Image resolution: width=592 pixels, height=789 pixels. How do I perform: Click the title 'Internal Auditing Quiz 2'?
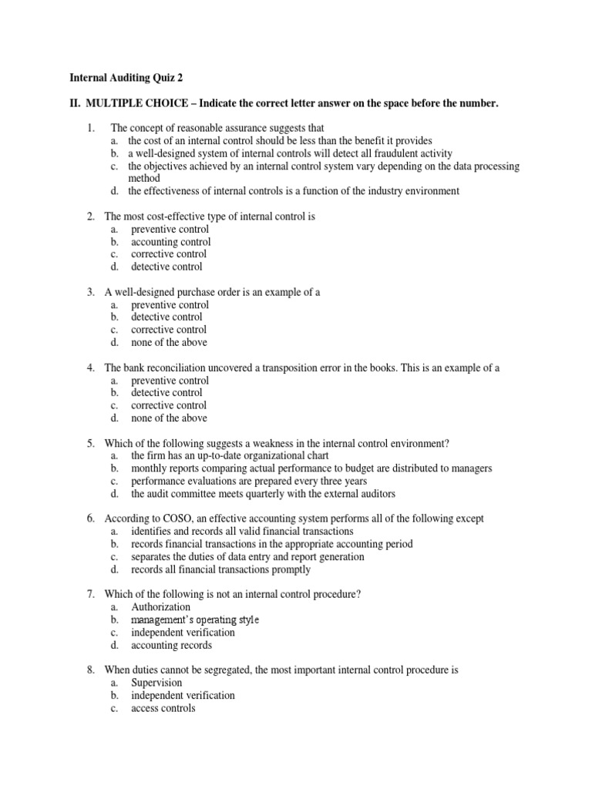coord(127,77)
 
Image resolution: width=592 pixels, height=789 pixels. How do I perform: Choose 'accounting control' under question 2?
coord(170,242)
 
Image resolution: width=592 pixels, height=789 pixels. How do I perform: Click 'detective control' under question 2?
coord(166,267)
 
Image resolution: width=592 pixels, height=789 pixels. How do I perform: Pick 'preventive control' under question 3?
coord(170,304)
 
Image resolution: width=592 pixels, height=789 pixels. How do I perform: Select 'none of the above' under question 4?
coord(169,418)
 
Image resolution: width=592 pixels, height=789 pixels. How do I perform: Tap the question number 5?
coord(90,443)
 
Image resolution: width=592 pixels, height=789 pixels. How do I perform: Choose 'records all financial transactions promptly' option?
coord(220,569)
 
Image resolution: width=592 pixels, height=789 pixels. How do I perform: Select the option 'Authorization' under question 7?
coord(160,607)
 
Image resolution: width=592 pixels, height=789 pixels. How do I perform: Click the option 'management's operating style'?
coord(195,619)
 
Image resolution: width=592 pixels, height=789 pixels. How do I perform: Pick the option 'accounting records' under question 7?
coord(171,645)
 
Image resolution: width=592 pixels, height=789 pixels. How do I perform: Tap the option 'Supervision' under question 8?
coord(156,683)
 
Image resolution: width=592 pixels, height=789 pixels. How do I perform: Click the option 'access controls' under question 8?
coord(163,708)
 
